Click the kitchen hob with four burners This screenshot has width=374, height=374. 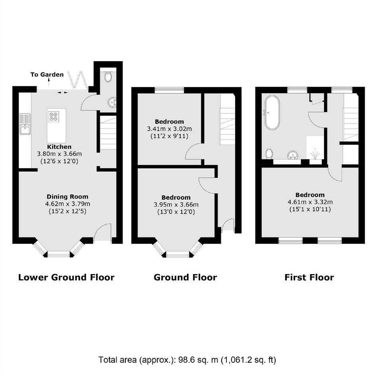53,117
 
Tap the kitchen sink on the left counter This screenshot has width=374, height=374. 25,124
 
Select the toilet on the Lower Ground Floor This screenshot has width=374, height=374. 108,76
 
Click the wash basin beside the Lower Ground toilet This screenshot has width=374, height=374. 112,102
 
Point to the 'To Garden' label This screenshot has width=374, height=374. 47,74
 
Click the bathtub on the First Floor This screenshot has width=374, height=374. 272,113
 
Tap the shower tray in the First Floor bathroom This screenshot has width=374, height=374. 315,147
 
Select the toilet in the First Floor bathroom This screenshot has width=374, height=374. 269,154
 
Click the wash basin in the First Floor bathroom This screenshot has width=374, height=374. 293,155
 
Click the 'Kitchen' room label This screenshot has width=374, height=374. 59,147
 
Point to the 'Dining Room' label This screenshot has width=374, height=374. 68,197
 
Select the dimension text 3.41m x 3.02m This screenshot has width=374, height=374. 169,129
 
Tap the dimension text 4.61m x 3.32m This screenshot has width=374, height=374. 310,202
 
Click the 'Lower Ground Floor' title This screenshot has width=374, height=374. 66,277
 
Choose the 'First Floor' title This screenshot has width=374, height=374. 309,277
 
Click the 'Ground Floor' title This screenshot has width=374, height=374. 185,277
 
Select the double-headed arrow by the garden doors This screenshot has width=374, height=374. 62,92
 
